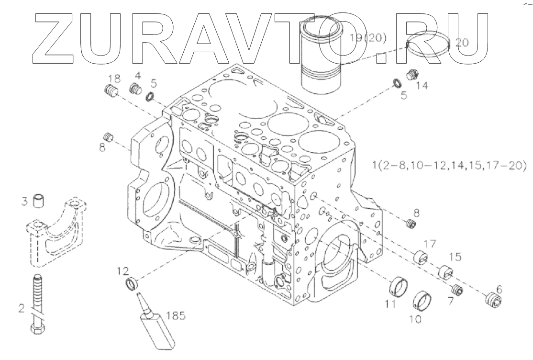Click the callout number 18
click(113, 78)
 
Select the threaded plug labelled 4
click(137, 89)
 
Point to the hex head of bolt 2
click(38, 330)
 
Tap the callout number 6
click(499, 289)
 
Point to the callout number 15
click(455, 257)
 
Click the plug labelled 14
click(411, 75)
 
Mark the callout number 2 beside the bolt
click(22, 308)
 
